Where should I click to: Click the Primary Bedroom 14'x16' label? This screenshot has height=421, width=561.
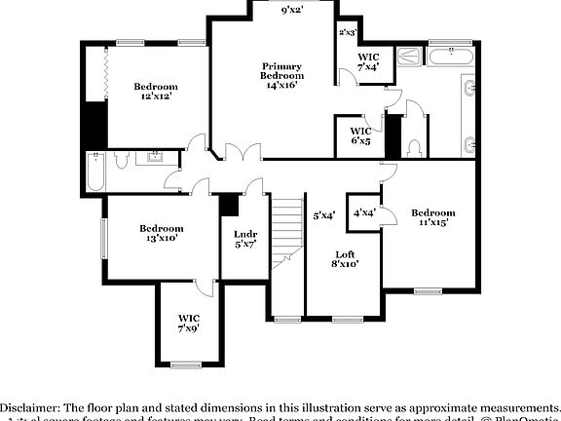pyautogui.click(x=281, y=76)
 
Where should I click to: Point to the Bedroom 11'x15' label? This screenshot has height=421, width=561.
pyautogui.click(x=432, y=217)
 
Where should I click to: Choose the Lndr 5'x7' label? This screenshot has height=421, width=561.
pyautogui.click(x=243, y=239)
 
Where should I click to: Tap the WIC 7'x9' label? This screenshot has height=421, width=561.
pyautogui.click(x=188, y=324)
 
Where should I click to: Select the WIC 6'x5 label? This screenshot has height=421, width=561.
pyautogui.click(x=360, y=135)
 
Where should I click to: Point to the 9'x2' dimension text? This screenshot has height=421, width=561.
pyautogui.click(x=292, y=11)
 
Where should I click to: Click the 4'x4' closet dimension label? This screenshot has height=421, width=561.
pyautogui.click(x=364, y=212)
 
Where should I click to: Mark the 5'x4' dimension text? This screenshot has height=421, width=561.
pyautogui.click(x=324, y=215)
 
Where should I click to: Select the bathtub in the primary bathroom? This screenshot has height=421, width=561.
pyautogui.click(x=450, y=57)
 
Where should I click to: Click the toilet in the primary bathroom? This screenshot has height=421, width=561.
pyautogui.click(x=416, y=147)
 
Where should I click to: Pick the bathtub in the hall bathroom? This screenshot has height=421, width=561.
pyautogui.click(x=96, y=173)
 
